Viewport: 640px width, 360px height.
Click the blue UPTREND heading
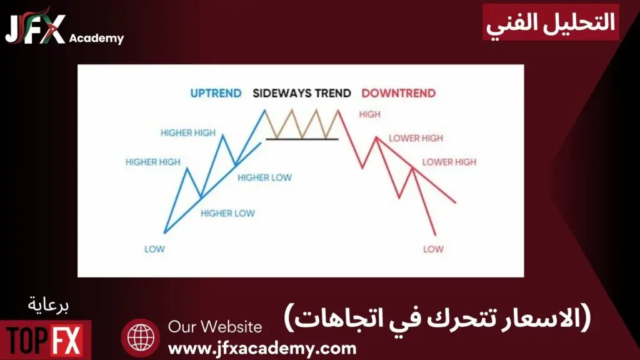pos(216,94)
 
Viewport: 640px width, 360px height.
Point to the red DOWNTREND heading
pos(398,94)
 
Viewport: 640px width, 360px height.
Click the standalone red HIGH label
pos(370,115)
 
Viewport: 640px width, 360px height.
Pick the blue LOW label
pos(155,249)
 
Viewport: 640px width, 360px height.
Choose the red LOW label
pos(434,249)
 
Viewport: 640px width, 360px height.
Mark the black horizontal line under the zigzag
pos(302,139)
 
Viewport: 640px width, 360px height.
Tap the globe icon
pos(141,338)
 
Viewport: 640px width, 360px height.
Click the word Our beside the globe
pos(182,327)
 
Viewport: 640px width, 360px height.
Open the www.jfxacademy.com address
pos(262,349)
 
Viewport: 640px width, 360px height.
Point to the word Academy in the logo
pos(96,38)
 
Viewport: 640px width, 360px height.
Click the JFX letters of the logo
pos(35,29)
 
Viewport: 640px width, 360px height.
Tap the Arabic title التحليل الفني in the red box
pos(551,22)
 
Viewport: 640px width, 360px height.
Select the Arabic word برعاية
pos(48,306)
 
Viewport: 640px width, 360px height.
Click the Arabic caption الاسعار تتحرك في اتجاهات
pos(437,318)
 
